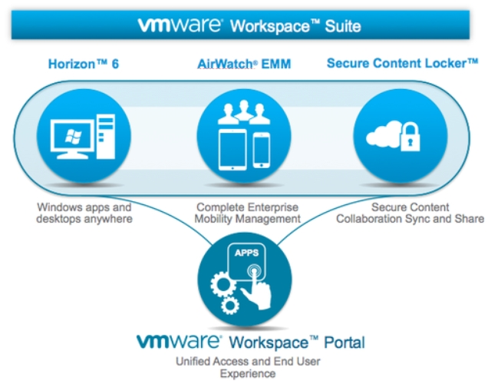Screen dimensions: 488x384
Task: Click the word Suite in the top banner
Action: [x=343, y=26]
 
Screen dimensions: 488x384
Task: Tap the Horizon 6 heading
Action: [x=84, y=64]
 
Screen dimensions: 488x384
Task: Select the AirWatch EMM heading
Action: [x=244, y=64]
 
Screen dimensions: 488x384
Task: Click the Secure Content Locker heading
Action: [x=402, y=63]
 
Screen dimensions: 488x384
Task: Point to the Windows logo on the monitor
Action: [x=73, y=137]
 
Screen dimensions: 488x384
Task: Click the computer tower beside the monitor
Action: [x=106, y=137]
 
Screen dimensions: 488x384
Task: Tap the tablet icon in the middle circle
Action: [x=232, y=150]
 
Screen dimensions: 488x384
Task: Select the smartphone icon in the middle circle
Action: [x=261, y=150]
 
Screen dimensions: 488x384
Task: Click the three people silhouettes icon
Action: [x=244, y=112]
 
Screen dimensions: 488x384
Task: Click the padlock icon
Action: [x=410, y=137]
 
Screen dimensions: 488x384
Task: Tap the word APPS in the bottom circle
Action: [x=246, y=253]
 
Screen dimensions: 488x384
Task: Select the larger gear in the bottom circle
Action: [x=223, y=285]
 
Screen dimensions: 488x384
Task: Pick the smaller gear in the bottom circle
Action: [x=230, y=306]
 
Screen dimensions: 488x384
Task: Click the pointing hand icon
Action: [x=257, y=288]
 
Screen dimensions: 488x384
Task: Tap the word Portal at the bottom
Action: [x=345, y=343]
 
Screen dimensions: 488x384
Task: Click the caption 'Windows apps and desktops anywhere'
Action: [x=84, y=213]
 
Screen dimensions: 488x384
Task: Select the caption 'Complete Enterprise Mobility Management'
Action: [x=247, y=213]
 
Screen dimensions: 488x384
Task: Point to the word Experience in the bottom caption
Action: [x=248, y=373]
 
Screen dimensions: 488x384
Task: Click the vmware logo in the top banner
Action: [x=180, y=25]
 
